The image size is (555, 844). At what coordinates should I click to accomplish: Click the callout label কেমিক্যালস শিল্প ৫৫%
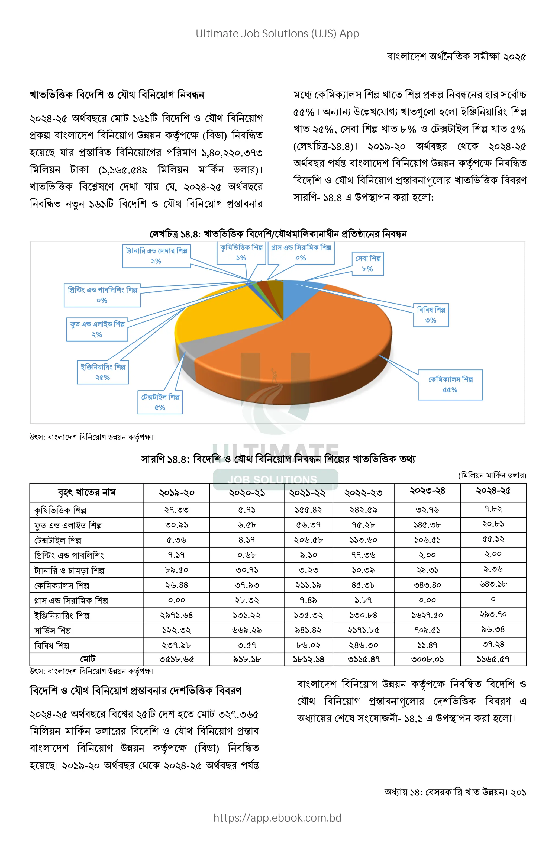coord(450,385)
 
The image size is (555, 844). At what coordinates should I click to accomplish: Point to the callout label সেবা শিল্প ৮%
coord(368,263)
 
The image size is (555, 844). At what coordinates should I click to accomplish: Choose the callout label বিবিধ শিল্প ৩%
coord(431,315)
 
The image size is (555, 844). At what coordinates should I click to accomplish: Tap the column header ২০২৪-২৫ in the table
coord(493,491)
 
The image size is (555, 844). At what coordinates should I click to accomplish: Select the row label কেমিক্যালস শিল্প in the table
coord(62,585)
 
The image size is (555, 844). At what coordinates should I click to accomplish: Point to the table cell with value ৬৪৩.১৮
coord(493,584)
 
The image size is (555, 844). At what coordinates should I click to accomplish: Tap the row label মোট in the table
coord(87,659)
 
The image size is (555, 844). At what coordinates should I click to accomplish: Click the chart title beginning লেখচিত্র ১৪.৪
coord(278,234)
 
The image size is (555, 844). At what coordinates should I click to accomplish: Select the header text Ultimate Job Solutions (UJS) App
coord(277,34)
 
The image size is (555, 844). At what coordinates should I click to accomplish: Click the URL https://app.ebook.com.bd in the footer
coord(277,818)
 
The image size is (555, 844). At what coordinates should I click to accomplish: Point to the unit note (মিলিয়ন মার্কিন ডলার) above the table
coord(492,475)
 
